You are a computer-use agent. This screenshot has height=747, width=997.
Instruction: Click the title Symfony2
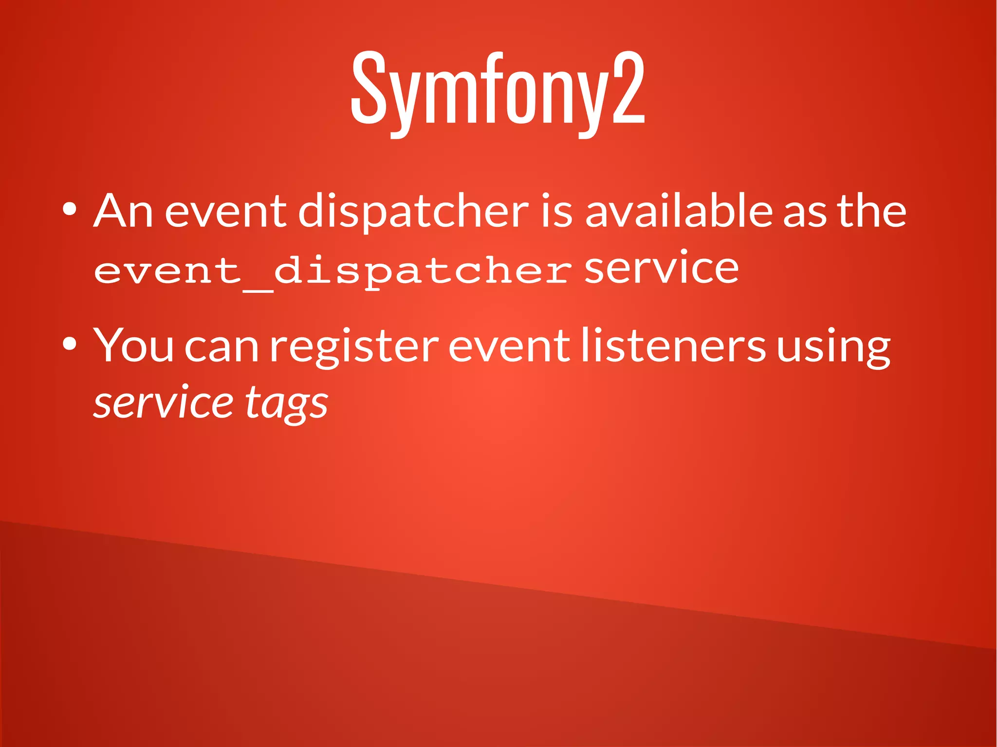[498, 90]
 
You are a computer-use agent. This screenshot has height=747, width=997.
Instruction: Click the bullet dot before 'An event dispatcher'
[69, 209]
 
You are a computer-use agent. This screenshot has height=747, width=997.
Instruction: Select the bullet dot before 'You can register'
[69, 344]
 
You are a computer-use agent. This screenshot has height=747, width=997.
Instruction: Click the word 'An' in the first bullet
[123, 211]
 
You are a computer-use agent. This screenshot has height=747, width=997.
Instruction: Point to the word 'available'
[679, 211]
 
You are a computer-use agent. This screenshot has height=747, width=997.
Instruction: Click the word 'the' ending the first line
[871, 211]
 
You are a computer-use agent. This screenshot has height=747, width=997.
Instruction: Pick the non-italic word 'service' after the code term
[661, 269]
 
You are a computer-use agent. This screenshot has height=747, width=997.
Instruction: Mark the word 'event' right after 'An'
[226, 211]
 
